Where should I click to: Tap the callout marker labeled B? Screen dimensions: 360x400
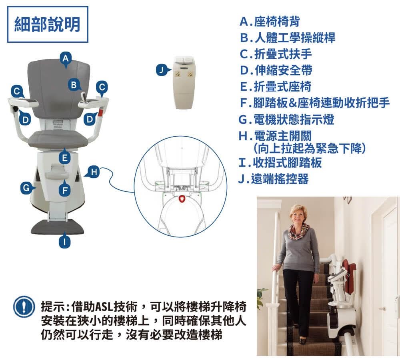pos(73,85)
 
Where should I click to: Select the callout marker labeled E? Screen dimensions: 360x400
pos(64,158)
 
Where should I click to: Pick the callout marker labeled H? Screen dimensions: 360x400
pos(93,172)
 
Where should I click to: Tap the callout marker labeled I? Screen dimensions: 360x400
pos(64,242)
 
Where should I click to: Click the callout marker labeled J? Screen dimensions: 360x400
pos(161,71)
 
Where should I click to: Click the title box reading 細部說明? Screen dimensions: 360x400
pos(48,24)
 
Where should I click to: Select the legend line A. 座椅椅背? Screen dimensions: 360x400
pos(269,21)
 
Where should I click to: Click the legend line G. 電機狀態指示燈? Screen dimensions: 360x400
pos(286,119)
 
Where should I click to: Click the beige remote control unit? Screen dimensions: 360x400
pos(184,82)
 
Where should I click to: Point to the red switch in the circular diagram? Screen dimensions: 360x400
pos(182,199)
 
